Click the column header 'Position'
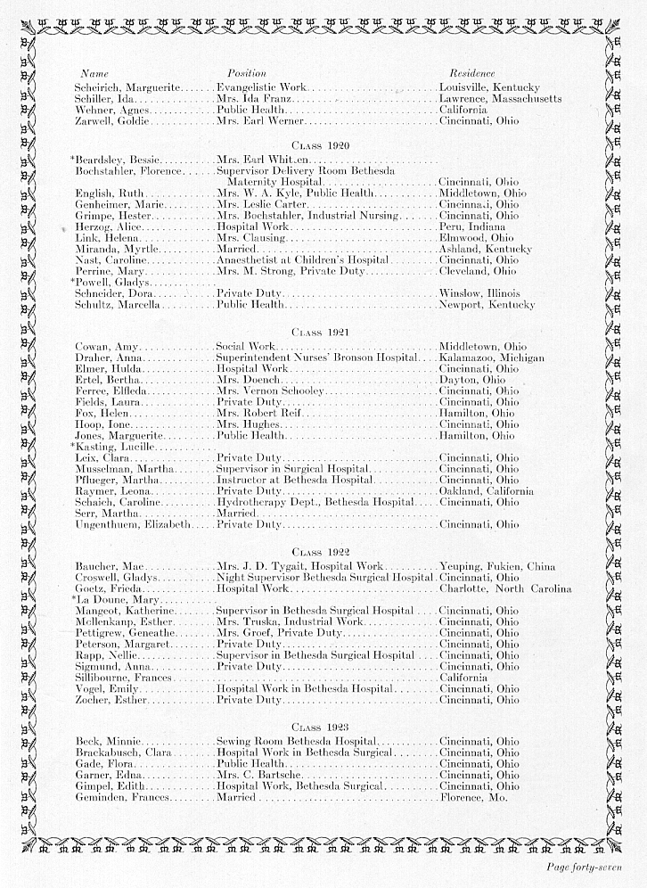(x=247, y=72)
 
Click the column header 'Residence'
(x=472, y=72)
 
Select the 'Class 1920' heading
(x=320, y=144)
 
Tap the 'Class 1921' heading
(x=320, y=332)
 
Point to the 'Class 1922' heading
(x=320, y=552)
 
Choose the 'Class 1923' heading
(x=320, y=728)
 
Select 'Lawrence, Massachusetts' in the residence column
(x=501, y=98)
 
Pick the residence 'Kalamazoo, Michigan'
(x=492, y=358)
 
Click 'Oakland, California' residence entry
(x=487, y=490)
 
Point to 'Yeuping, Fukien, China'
(x=497, y=566)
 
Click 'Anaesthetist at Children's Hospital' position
(x=303, y=259)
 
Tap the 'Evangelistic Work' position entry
(x=261, y=87)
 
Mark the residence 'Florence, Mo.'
(x=473, y=797)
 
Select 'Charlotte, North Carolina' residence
(x=505, y=588)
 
